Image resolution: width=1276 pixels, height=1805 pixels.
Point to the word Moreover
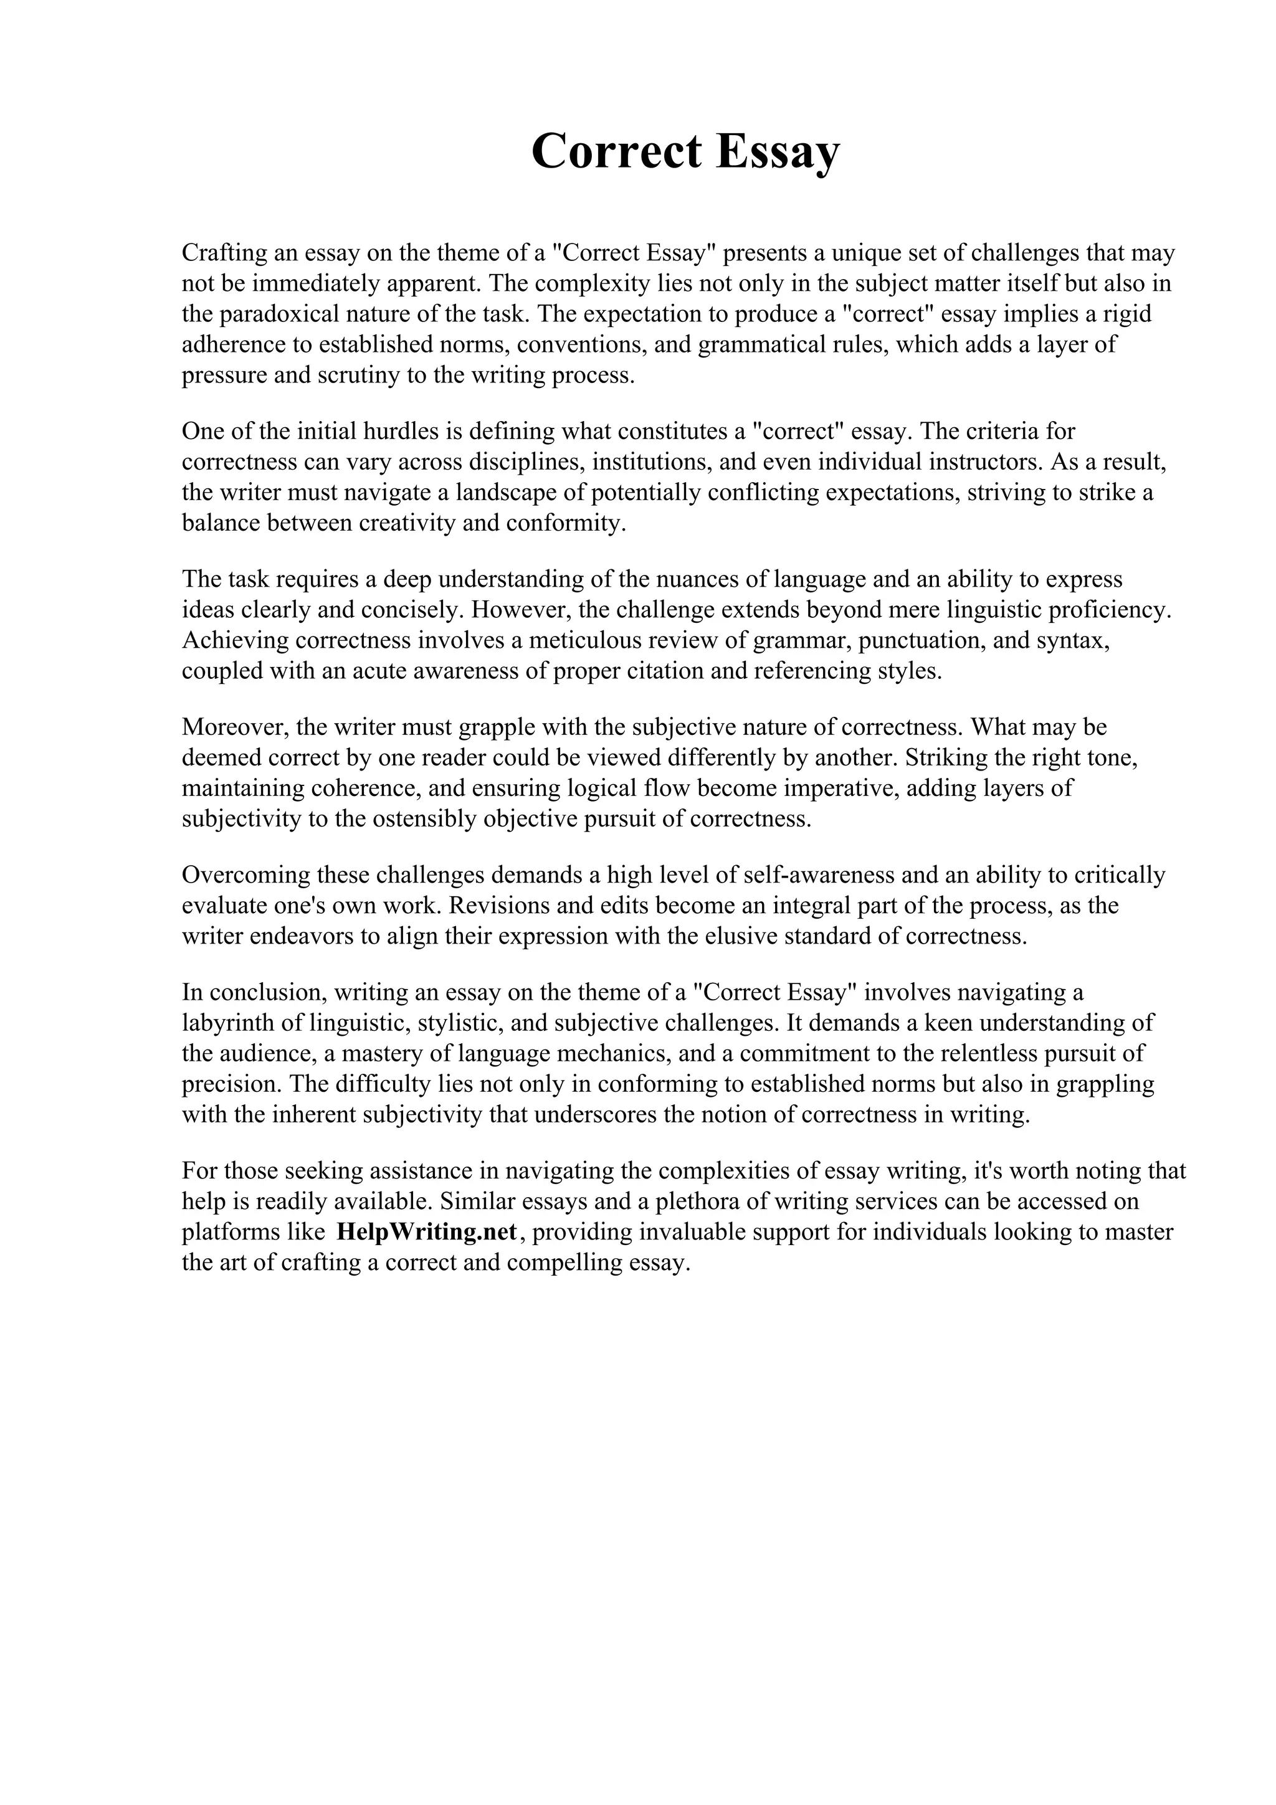pyautogui.click(x=233, y=727)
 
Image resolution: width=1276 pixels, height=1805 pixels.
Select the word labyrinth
pyautogui.click(x=234, y=1023)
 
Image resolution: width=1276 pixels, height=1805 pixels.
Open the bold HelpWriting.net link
pyautogui.click(x=427, y=1232)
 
